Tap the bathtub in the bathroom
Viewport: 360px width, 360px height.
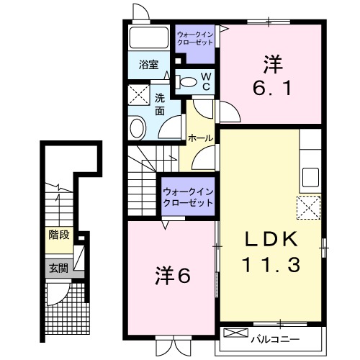tap(148, 37)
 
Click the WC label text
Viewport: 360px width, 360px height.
tap(204, 81)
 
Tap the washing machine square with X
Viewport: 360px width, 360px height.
tap(136, 96)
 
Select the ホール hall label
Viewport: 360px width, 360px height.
tap(199, 138)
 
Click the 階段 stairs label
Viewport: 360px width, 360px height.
tap(60, 235)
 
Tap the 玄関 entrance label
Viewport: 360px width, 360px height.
tap(58, 269)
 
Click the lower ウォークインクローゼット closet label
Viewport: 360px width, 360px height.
tap(188, 197)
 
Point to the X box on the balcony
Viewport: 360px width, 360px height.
tap(235, 333)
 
